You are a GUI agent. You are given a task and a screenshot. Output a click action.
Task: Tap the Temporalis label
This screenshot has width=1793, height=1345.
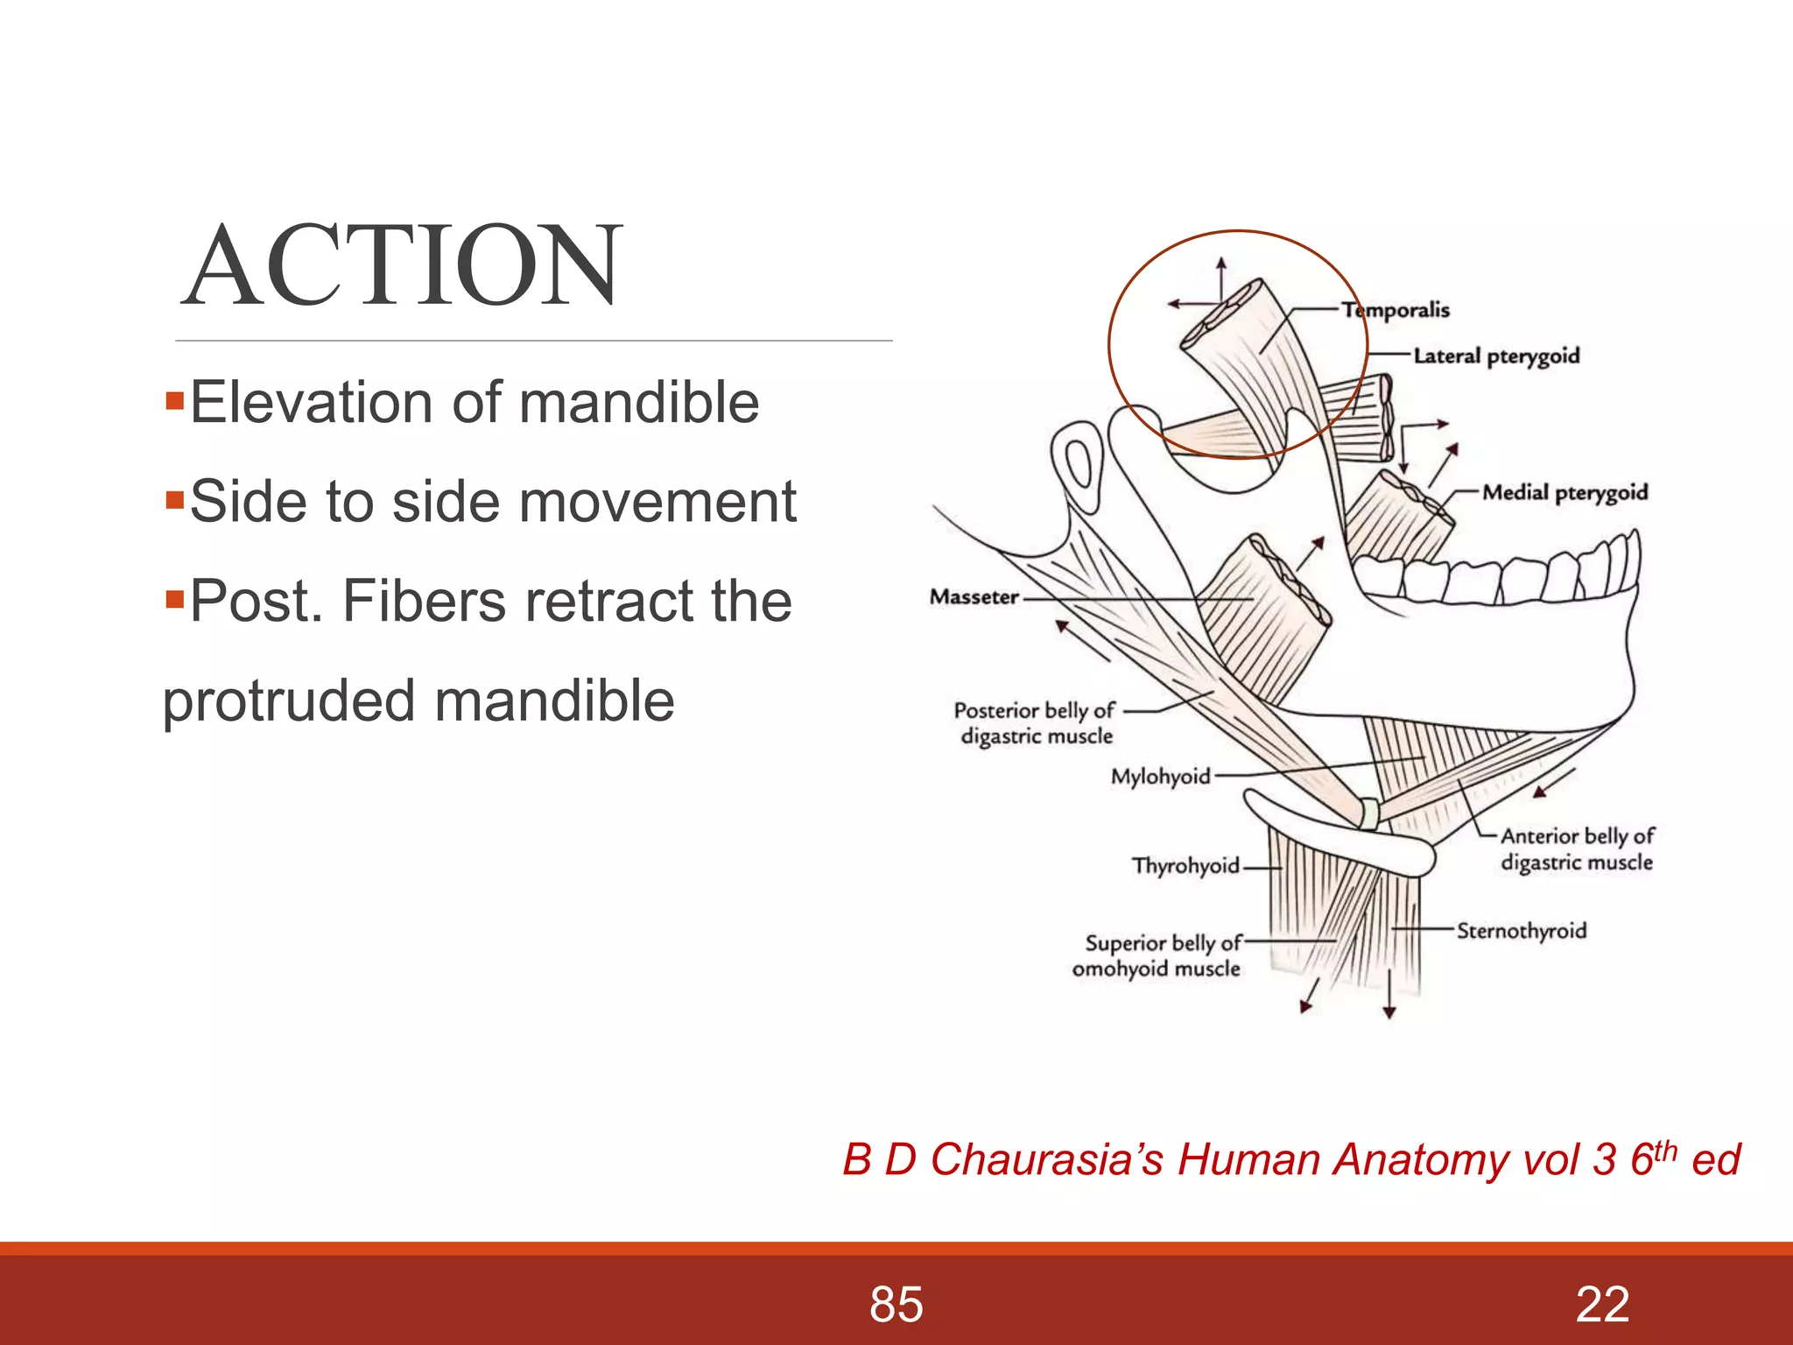point(1396,310)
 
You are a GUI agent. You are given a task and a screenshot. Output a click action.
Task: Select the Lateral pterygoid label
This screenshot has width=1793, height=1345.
point(1496,356)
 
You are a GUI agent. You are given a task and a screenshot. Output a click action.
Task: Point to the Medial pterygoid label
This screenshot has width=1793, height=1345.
point(1564,493)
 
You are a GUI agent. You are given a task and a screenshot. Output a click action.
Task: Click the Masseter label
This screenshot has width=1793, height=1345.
point(974,597)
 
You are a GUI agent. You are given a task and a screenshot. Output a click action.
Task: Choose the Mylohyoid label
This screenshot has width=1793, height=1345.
point(1160,777)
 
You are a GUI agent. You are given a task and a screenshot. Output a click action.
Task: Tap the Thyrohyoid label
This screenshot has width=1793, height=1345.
point(1185,866)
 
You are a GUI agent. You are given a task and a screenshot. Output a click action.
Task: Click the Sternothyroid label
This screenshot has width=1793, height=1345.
point(1521,931)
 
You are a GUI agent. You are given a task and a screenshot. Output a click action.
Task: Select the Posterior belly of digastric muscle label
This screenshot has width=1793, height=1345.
point(1035,723)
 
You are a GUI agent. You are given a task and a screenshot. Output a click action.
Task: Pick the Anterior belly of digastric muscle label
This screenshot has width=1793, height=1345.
point(1577,849)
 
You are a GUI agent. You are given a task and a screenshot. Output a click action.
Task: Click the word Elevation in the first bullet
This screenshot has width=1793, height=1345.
point(312,403)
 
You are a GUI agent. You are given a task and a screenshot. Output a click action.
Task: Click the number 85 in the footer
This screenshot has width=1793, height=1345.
point(896,1305)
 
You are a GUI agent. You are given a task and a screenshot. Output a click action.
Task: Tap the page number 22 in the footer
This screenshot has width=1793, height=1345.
point(1601,1305)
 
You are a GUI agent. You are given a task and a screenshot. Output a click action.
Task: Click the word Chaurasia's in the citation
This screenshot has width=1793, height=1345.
point(1046,1160)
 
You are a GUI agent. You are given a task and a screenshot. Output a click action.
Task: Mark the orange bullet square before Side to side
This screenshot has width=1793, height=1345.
point(174,502)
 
